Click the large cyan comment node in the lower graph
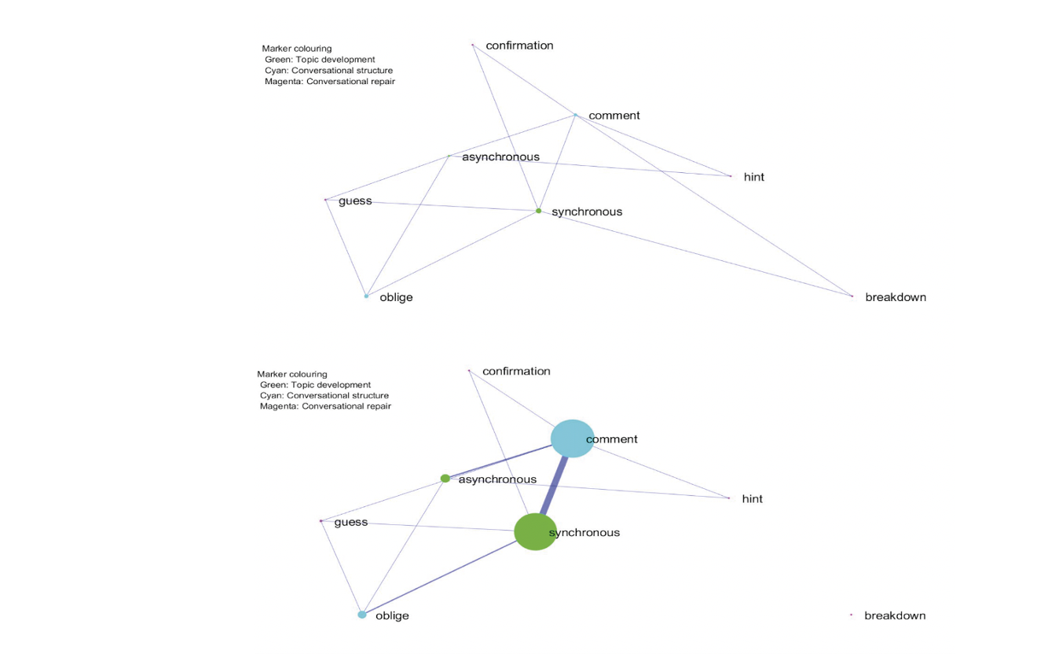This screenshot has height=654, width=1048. pyautogui.click(x=572, y=439)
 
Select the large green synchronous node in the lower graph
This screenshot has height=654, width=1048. pyautogui.click(x=535, y=532)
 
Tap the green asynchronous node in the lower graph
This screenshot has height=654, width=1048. pyautogui.click(x=445, y=479)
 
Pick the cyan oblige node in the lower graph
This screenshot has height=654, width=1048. pyautogui.click(x=361, y=615)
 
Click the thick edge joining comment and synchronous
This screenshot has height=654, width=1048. pyautogui.click(x=554, y=486)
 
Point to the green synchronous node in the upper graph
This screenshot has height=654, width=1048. pyautogui.click(x=538, y=211)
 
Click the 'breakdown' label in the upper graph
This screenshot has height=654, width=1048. pyautogui.click(x=896, y=297)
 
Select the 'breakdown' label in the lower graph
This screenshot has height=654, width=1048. pyautogui.click(x=895, y=615)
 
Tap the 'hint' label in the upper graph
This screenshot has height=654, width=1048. pyautogui.click(x=753, y=177)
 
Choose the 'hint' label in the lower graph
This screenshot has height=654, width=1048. pyautogui.click(x=753, y=499)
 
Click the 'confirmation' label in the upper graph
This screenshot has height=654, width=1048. pyautogui.click(x=519, y=46)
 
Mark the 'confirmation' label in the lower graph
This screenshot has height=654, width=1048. pyautogui.click(x=516, y=371)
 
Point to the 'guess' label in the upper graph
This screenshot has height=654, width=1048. pyautogui.click(x=355, y=201)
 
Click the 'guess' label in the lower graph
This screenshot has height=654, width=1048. pyautogui.click(x=351, y=523)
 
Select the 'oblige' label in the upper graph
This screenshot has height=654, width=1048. pyautogui.click(x=396, y=297)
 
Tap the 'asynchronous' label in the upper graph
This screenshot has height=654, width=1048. pyautogui.click(x=500, y=157)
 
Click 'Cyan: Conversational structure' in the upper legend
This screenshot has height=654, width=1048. pyautogui.click(x=329, y=71)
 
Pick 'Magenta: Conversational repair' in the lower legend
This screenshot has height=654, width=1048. pyautogui.click(x=325, y=406)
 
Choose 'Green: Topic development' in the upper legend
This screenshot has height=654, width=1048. pyautogui.click(x=320, y=60)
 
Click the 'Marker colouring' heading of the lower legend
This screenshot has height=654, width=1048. pyautogui.click(x=292, y=374)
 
